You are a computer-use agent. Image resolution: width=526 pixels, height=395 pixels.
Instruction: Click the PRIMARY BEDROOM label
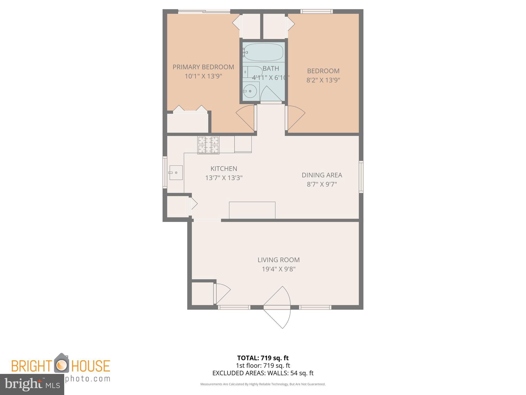click(x=203, y=67)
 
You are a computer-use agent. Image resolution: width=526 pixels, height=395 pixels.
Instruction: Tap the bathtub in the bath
click(x=263, y=52)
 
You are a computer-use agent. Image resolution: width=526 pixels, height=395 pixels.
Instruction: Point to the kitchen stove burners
click(x=208, y=145)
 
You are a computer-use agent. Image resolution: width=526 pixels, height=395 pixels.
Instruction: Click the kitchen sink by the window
click(x=176, y=173)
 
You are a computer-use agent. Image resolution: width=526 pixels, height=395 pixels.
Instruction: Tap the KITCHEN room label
click(x=224, y=169)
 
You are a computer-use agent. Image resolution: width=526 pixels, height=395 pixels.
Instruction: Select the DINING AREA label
click(x=322, y=175)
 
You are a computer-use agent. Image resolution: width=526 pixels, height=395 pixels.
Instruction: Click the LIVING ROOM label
click(x=278, y=260)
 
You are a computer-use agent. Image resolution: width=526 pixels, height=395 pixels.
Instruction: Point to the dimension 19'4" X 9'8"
click(x=278, y=269)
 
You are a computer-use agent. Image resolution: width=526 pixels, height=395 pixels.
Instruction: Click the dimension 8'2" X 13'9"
click(x=323, y=80)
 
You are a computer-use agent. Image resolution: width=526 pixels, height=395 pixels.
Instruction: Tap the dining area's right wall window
click(x=361, y=177)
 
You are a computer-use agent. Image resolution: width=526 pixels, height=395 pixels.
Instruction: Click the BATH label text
click(x=271, y=69)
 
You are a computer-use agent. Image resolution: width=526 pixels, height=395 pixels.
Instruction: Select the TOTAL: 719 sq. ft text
click(x=263, y=358)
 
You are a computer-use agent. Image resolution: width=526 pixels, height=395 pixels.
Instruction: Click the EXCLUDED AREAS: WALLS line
click(x=263, y=373)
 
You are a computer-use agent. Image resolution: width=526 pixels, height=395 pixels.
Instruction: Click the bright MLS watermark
click(x=32, y=384)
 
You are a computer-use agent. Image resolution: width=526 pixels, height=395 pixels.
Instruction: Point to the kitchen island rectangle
click(x=252, y=210)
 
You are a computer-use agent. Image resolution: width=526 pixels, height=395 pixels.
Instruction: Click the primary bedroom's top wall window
click(x=204, y=11)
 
